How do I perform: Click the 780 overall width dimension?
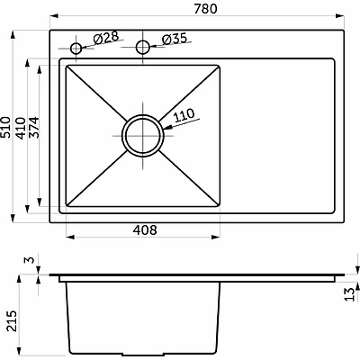205,9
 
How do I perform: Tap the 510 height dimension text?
5,127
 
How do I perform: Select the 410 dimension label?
20,128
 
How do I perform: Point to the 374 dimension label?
33,128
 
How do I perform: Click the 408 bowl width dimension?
145,230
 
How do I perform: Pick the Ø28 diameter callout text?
106,38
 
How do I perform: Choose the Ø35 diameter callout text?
175,39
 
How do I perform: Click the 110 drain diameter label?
184,115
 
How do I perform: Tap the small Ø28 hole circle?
76,48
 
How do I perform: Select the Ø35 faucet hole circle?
143,47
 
